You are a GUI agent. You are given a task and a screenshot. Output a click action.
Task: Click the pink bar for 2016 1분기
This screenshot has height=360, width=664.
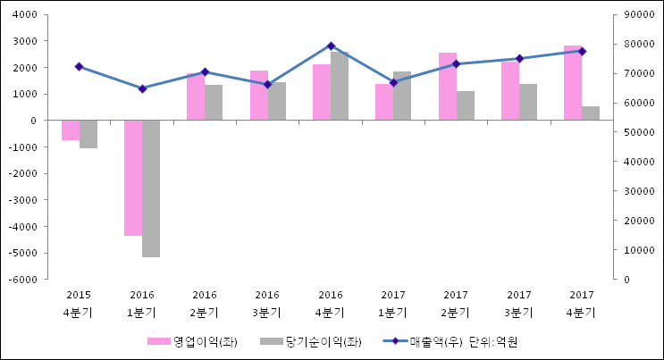coord(133,178)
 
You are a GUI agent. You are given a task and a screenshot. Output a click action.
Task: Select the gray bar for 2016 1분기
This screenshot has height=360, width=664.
coord(151,188)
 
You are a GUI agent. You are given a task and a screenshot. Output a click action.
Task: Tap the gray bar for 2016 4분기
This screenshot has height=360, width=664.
coord(340,87)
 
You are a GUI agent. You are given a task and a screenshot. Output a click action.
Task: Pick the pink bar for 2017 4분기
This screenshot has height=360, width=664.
coord(573,83)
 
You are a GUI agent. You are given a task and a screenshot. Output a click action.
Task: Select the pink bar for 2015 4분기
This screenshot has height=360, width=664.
coord(71,130)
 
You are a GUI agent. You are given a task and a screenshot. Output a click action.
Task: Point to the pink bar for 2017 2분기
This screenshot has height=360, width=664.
coord(448,87)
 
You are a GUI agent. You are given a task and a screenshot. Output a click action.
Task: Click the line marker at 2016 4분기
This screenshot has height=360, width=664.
coord(331,46)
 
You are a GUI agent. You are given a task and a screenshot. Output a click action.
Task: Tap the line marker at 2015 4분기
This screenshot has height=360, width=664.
coord(79,67)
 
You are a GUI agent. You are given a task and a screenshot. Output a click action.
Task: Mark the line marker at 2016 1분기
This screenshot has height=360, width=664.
coord(142,88)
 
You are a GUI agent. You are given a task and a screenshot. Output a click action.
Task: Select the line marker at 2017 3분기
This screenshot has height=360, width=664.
coord(519,58)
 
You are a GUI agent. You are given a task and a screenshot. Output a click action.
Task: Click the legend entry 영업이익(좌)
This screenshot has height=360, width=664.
coord(192,341)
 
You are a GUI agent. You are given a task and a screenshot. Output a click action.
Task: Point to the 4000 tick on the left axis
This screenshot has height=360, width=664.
coord(24,15)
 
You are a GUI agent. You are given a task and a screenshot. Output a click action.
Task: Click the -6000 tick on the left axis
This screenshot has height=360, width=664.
coord(22,280)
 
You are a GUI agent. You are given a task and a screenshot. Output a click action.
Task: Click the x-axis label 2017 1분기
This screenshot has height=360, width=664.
coord(393,303)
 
